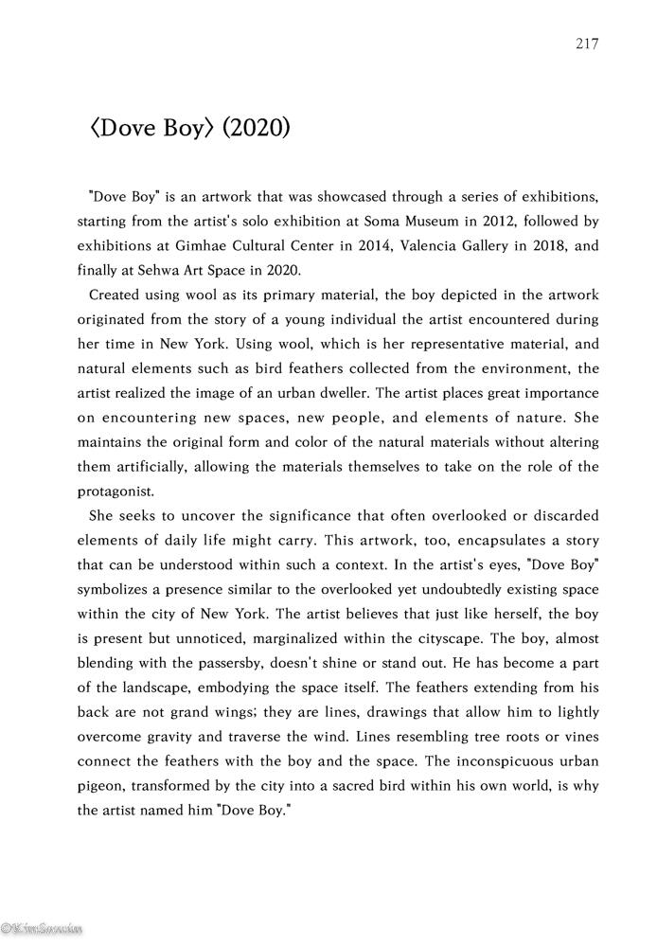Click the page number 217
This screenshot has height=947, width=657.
click(587, 44)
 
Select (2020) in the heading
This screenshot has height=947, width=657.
click(256, 128)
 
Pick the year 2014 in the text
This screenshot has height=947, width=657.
click(354, 247)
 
